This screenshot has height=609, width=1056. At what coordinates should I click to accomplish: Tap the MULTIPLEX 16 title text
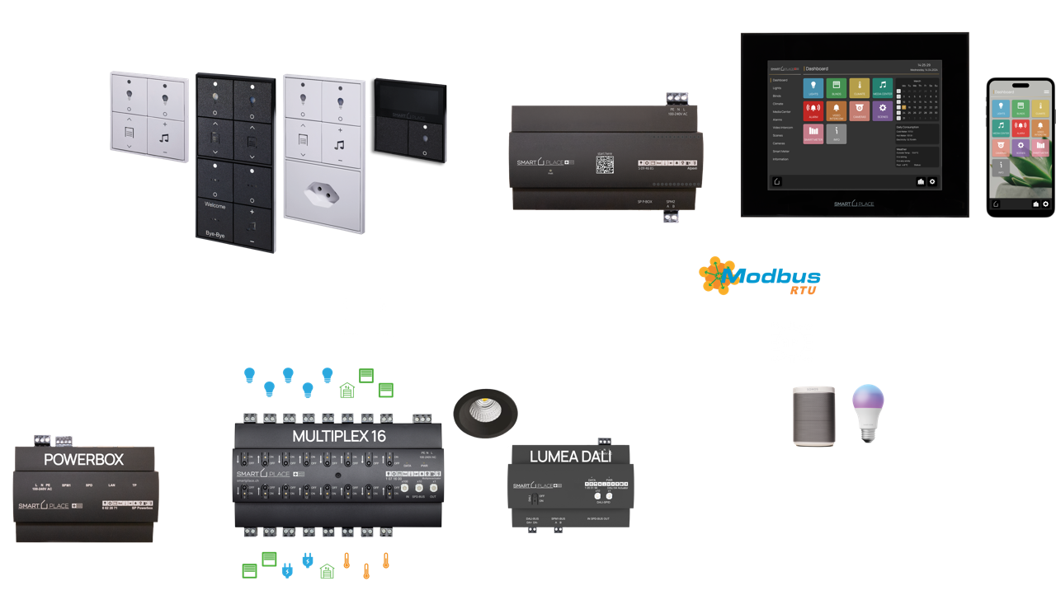tap(338, 436)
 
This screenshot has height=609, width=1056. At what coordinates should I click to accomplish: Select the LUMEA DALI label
tap(570, 455)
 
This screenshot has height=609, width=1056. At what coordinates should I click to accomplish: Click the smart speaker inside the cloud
tap(813, 415)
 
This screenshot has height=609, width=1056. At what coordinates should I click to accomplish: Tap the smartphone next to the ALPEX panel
tap(1021, 148)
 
